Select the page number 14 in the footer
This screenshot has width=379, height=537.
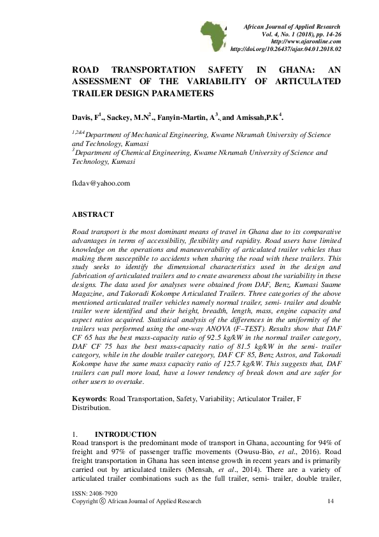pos(330,501)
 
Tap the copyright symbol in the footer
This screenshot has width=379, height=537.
pos(102,501)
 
